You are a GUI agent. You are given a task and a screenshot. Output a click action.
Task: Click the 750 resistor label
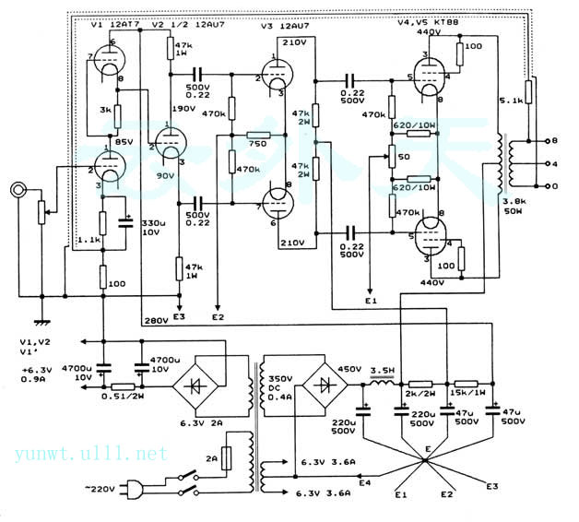[257, 146]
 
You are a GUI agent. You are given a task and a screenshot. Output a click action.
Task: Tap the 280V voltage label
[156, 322]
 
